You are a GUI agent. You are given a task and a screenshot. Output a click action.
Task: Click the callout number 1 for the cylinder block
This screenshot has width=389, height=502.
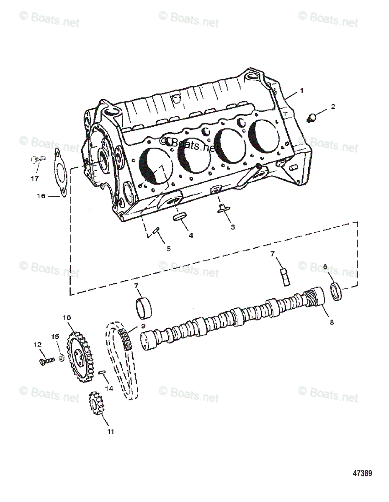pos(302,90)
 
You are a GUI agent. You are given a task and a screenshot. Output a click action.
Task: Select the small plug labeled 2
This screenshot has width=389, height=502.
pos(312,118)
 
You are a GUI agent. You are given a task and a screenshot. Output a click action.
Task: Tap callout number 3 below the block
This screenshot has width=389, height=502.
pos(233,227)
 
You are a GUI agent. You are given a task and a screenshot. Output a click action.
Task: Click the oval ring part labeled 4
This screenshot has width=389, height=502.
pos(180,218)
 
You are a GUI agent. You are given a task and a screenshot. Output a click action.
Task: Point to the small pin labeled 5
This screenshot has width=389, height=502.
pos(156,230)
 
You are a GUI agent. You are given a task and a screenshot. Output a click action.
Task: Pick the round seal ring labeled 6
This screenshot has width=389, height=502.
pos(336,292)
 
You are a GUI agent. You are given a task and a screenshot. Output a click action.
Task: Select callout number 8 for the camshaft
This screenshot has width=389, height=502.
pos(332,322)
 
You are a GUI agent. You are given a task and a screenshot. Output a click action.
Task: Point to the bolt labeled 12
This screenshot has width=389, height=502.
pos(46,360)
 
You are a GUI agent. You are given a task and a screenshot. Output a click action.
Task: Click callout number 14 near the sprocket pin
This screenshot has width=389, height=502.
pos(109,388)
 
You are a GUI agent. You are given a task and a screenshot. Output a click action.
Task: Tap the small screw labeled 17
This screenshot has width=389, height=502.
pos(38,159)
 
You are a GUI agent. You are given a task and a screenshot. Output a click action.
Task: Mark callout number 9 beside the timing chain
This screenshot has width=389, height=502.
pos(143,326)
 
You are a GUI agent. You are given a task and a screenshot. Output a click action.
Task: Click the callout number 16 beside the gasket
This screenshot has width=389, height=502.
pos(40,195)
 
